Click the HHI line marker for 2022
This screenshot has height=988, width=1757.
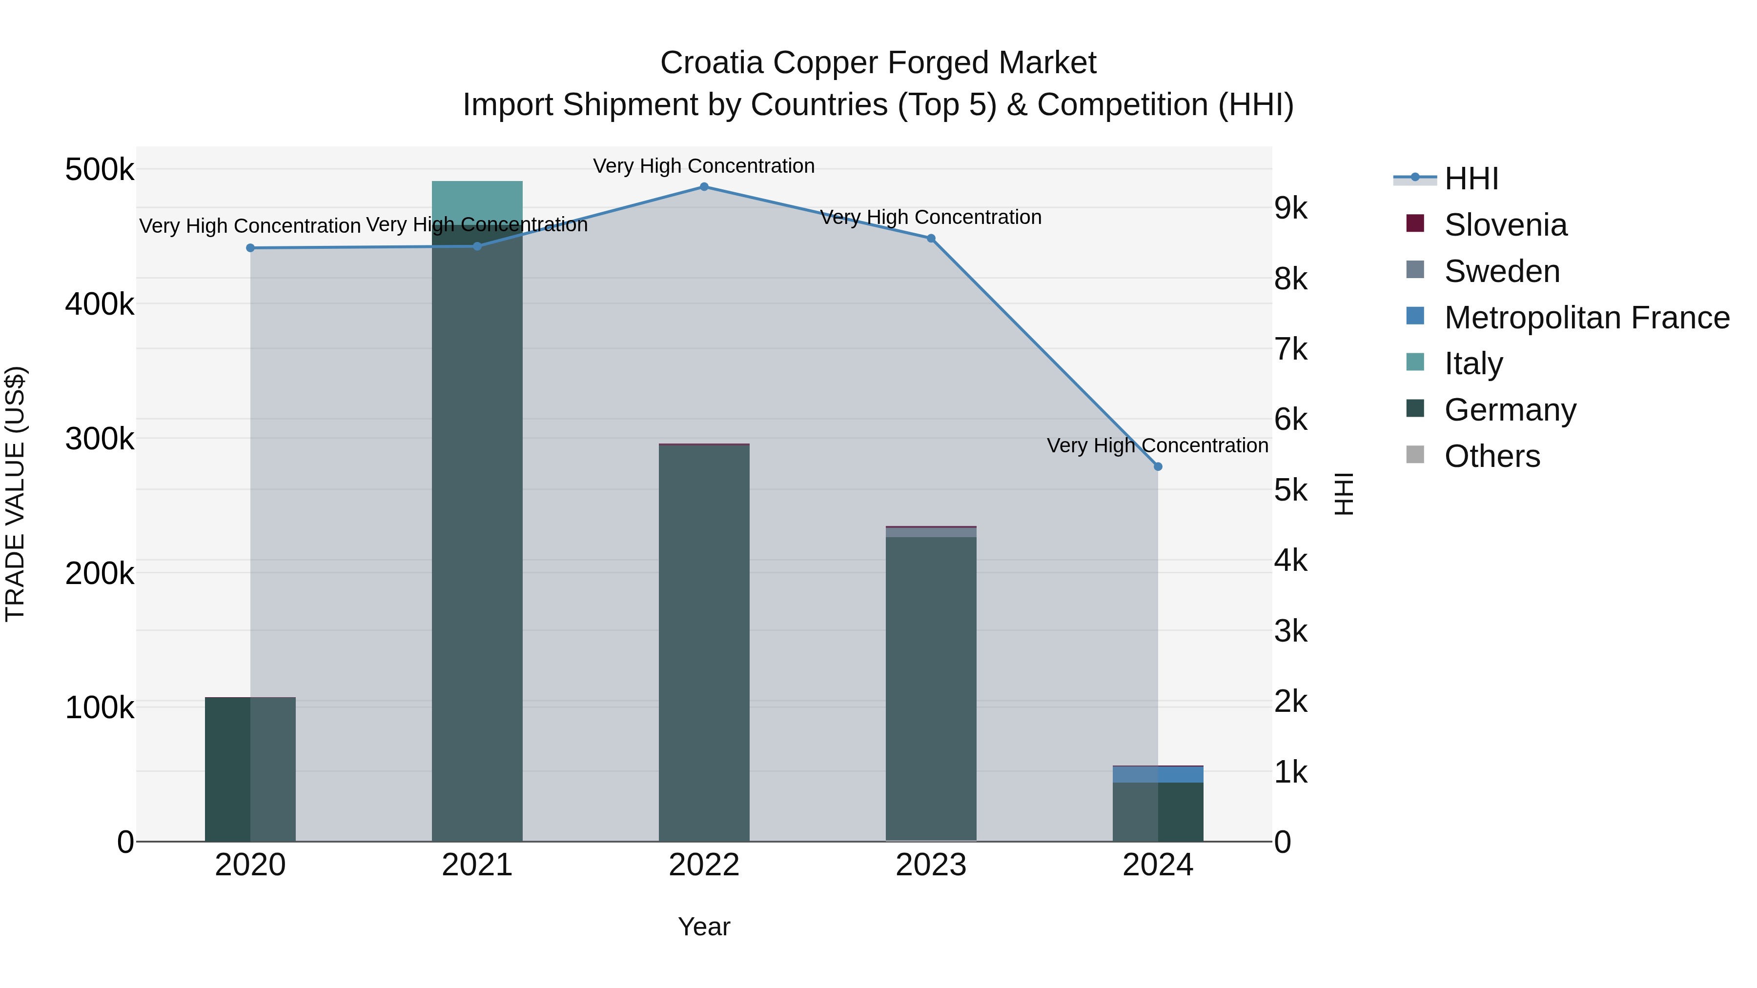point(704,187)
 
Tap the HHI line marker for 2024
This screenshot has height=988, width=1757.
point(1158,466)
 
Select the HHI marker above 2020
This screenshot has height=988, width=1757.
point(250,248)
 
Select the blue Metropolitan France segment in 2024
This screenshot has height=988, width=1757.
point(1158,775)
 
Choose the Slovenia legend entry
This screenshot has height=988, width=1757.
point(1505,225)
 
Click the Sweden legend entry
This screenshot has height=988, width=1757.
point(1501,271)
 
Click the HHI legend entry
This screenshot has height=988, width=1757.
point(1471,179)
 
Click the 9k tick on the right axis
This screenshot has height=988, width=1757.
point(1290,209)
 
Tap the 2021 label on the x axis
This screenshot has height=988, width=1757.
point(477,865)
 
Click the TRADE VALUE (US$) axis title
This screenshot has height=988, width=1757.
point(15,494)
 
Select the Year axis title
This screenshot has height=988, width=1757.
point(704,927)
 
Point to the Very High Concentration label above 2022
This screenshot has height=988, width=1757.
point(704,166)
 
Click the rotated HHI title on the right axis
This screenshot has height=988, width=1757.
point(1343,494)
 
